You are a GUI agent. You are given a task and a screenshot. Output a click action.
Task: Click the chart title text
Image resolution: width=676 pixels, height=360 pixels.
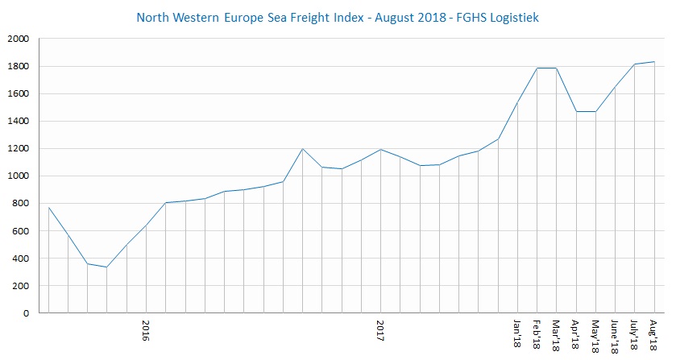[338, 16]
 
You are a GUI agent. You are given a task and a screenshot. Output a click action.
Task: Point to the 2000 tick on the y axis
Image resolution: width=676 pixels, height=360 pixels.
[18, 39]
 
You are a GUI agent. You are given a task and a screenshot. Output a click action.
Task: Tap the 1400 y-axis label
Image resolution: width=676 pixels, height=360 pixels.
[18, 121]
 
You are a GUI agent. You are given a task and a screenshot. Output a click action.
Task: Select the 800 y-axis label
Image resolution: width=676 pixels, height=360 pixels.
[21, 204]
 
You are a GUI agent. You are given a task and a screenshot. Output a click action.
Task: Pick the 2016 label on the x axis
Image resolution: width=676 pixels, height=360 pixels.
[146, 331]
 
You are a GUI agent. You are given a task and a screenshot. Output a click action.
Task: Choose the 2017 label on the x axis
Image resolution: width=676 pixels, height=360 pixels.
[380, 331]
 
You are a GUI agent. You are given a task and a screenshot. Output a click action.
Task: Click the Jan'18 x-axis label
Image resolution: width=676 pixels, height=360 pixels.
[518, 333]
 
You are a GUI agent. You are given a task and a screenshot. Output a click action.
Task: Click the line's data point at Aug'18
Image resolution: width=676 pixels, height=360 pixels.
[654, 62]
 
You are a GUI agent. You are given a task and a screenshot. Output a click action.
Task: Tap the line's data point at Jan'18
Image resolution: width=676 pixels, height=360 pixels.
[518, 102]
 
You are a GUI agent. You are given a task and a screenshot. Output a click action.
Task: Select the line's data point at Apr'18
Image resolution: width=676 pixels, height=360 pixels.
[576, 111]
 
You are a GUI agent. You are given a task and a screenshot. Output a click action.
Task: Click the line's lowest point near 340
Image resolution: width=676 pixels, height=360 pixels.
[107, 267]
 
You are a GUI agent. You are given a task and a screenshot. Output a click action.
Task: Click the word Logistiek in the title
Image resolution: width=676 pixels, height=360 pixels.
[514, 16]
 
